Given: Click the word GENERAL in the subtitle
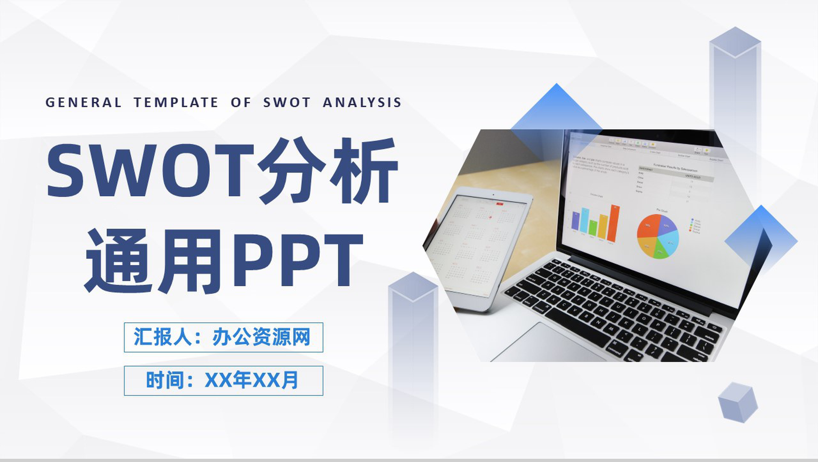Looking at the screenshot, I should point(83,103).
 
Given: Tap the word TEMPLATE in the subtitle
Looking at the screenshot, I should point(175,103).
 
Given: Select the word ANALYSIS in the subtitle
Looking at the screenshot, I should point(362,103).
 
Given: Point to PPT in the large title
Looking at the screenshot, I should point(297,260).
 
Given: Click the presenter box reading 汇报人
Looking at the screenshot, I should point(223,337).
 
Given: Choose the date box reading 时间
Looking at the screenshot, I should point(223,381).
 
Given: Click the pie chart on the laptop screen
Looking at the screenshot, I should point(658,236).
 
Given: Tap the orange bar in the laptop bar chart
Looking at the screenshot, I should point(614,223).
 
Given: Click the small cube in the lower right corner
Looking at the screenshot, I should point(737,402).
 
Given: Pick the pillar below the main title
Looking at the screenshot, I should point(413,342).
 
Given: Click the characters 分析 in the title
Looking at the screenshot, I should point(328,170).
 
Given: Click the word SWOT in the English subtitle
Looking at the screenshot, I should point(287,103).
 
